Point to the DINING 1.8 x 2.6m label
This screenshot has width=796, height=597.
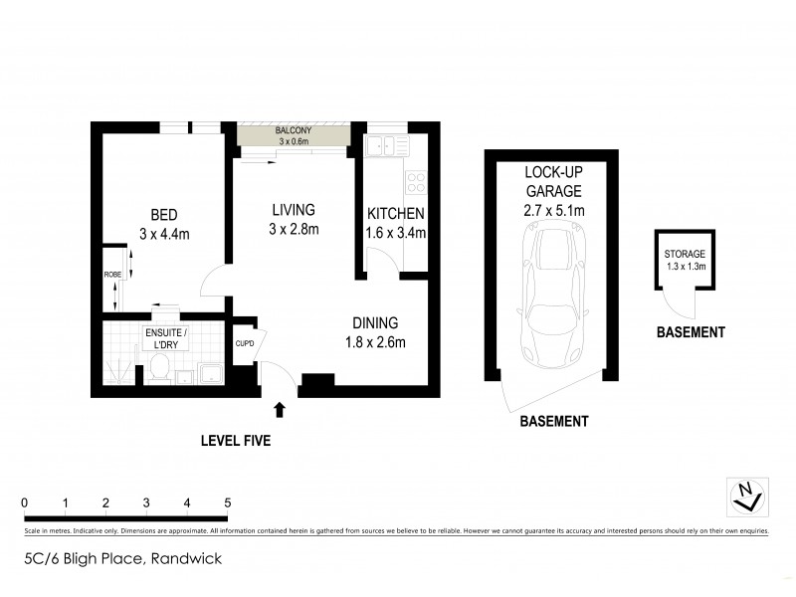(x=374, y=332)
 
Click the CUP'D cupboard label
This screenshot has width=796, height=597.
(x=245, y=344)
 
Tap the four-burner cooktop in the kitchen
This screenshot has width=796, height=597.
(x=416, y=182)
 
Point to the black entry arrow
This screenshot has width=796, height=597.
(x=280, y=409)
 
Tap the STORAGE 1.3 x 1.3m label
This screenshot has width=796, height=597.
(x=685, y=260)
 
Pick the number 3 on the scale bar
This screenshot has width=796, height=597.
(x=146, y=501)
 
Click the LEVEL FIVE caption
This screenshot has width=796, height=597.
(x=235, y=440)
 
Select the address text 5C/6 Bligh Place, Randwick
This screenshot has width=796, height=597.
(x=123, y=559)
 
